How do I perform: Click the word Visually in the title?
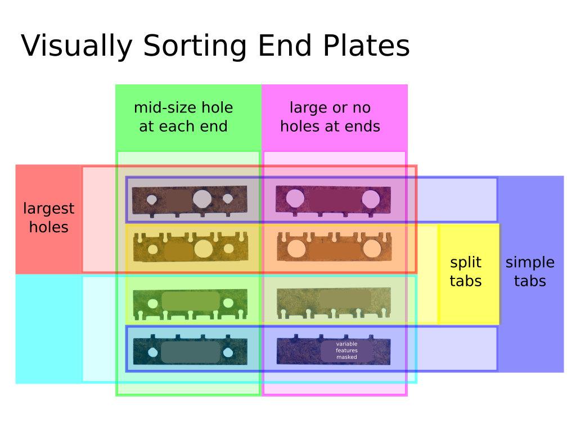coord(76,46)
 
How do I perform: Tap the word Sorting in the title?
coord(195,46)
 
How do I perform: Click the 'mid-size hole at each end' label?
coord(183,117)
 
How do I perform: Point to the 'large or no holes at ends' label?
coord(330,117)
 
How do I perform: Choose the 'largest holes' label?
coord(48,218)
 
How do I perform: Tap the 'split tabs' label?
coord(465,272)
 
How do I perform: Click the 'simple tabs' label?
coord(530,272)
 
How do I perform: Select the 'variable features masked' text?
coord(346,350)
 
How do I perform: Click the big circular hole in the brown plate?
coord(202,199)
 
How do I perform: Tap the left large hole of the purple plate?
coord(295,199)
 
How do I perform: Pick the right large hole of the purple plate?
coord(371,199)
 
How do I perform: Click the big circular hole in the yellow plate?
coord(204,249)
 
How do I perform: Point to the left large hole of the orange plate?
coord(296,249)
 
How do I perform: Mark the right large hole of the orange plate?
coord(372,249)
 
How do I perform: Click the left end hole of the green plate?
coord(153,303)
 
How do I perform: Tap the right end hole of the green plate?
coord(228,303)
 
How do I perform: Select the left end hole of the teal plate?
coord(153,353)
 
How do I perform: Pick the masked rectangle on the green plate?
coord(191,301)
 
